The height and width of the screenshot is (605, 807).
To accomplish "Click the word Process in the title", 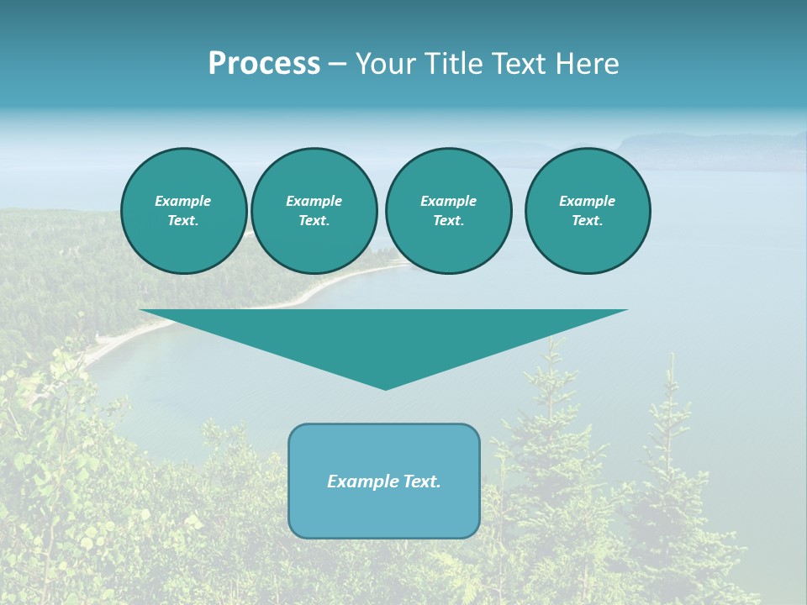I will click(264, 64).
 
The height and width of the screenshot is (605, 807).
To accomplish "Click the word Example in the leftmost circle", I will click(183, 201).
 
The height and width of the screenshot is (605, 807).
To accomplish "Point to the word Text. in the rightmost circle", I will click(587, 220).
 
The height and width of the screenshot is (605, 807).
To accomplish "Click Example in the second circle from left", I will click(314, 201).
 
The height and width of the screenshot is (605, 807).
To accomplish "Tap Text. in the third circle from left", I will click(448, 220).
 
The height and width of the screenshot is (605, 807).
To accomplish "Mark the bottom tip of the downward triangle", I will click(385, 388).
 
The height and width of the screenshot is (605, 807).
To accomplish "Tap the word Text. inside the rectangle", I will click(423, 481).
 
